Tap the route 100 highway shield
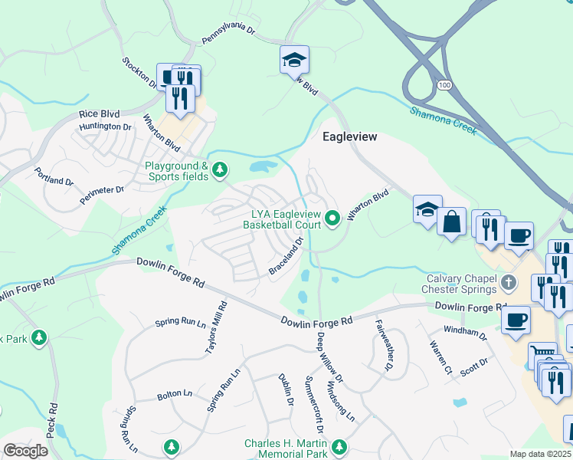(444, 84)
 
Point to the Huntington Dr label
(106, 127)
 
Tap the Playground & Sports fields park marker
(221, 169)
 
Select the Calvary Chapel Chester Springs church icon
(508, 284)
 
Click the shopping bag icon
(452, 222)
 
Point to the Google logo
(25, 451)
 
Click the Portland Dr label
(54, 182)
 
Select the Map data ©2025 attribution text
(541, 454)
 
